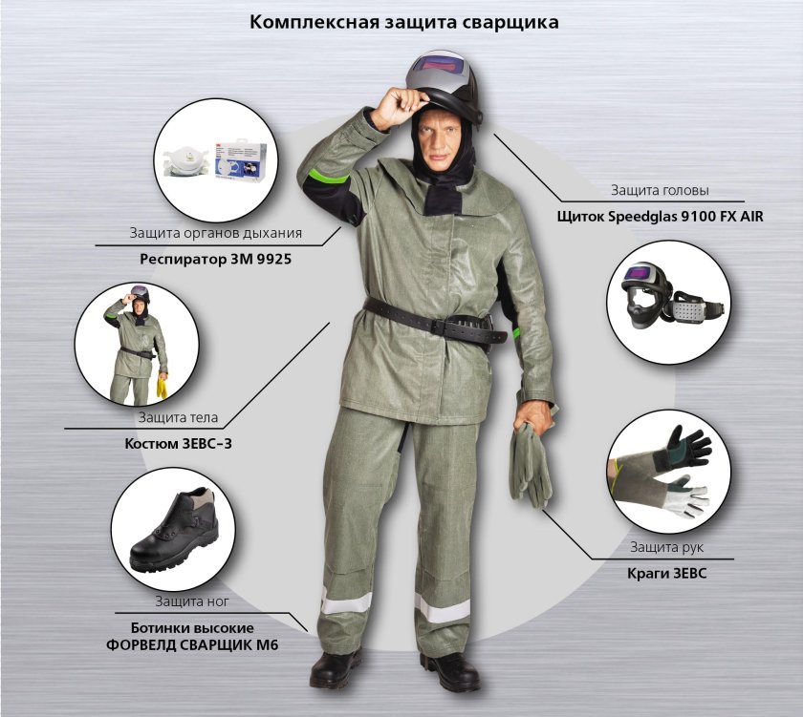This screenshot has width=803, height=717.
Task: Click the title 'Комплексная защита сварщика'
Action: click(404, 23)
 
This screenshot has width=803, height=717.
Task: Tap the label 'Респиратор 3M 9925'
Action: click(216, 260)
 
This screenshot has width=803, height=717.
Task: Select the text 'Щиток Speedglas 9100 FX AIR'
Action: click(661, 217)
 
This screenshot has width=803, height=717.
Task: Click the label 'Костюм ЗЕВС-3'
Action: click(178, 443)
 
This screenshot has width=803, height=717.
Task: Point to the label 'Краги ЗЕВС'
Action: click(667, 573)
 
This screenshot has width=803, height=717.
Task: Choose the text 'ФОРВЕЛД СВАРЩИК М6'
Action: click(192, 645)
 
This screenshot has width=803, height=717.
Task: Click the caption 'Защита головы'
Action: click(660, 190)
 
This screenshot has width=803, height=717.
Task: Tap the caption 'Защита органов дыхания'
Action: click(216, 233)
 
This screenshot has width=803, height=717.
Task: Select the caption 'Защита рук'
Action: click(666, 547)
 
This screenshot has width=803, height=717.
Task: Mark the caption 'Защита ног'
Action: click(192, 601)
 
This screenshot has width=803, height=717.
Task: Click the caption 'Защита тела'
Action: click(178, 417)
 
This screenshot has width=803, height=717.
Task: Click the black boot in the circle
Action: click(174, 530)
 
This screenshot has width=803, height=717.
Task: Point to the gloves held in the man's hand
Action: click(530, 464)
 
